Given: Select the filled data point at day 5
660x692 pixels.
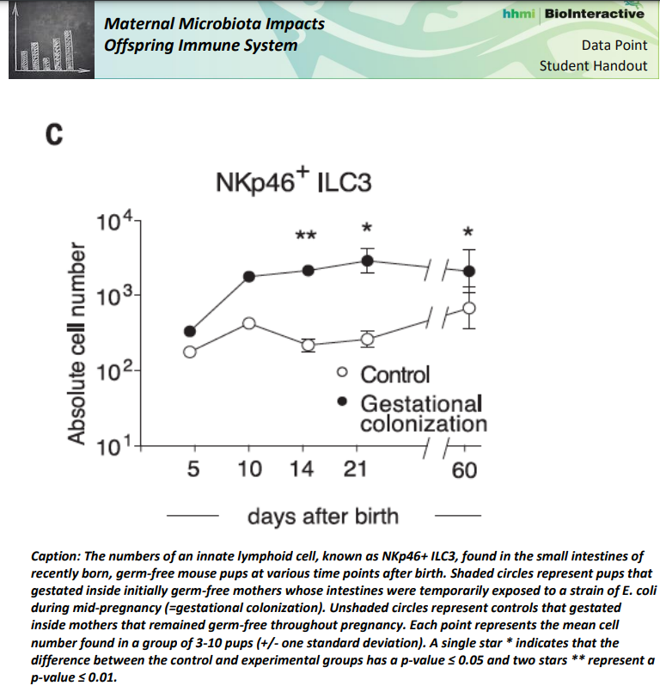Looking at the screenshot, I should [x=190, y=331].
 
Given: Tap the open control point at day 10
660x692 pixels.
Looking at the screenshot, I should [x=249, y=322].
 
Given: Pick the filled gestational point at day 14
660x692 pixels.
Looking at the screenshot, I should [x=309, y=270].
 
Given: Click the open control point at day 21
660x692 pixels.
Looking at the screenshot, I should [x=367, y=339].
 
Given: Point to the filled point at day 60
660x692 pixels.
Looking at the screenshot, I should [x=468, y=270].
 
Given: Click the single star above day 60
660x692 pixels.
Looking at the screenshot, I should [x=468, y=231].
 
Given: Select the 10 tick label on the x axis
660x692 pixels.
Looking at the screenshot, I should [x=249, y=469].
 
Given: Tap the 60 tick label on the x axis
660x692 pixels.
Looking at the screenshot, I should [x=465, y=470].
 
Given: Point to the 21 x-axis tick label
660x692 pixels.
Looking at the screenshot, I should [x=354, y=469].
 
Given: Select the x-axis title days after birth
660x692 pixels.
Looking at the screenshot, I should [x=323, y=516].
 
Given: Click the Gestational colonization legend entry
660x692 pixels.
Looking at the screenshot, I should [x=422, y=413].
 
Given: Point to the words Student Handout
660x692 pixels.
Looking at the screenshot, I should [x=593, y=65].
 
